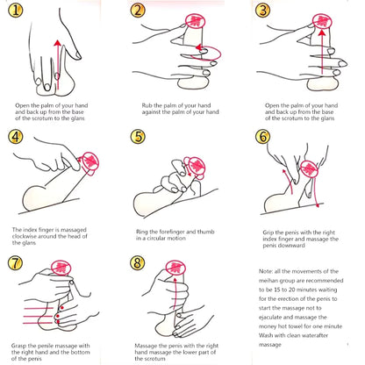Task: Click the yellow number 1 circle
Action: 15,11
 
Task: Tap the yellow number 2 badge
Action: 138,11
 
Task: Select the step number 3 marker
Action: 262,11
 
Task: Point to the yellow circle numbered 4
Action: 16,137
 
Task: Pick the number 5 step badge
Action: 138,137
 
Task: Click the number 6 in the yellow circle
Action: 262,137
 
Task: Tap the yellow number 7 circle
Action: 15,262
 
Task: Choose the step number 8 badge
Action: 138,262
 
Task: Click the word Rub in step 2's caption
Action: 147,105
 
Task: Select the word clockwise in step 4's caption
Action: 25,236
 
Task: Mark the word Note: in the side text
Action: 265,271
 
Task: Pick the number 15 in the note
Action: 277,290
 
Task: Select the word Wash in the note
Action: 265,335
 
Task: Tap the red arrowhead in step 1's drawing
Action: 58,43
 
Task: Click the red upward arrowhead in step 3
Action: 322,32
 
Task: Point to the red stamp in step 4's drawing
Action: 90,163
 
